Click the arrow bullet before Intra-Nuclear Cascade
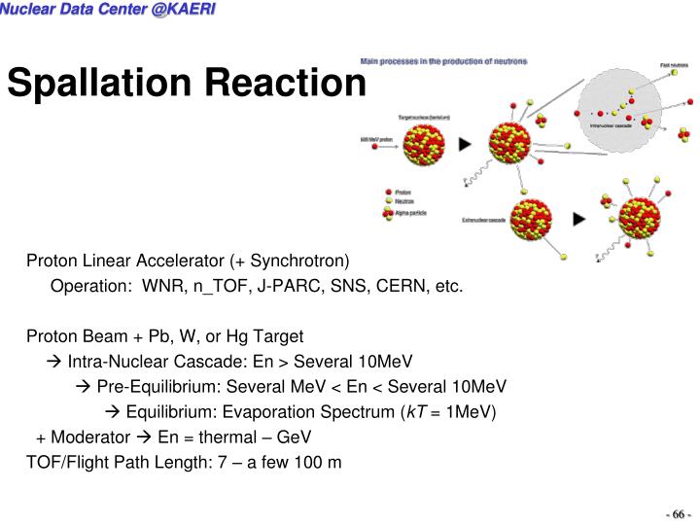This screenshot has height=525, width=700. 53,362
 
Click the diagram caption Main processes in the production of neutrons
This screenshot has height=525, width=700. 443,61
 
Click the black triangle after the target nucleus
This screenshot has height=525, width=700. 465,144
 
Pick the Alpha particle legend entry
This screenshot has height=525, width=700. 407,211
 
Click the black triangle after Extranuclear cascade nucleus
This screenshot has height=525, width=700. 579,220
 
